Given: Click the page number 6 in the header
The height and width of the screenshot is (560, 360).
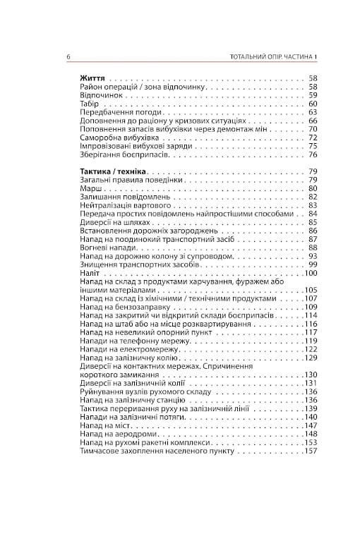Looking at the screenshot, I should pyautogui.click(x=67, y=56).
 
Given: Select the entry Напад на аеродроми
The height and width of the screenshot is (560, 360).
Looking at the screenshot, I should pyautogui.click(x=112, y=434).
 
